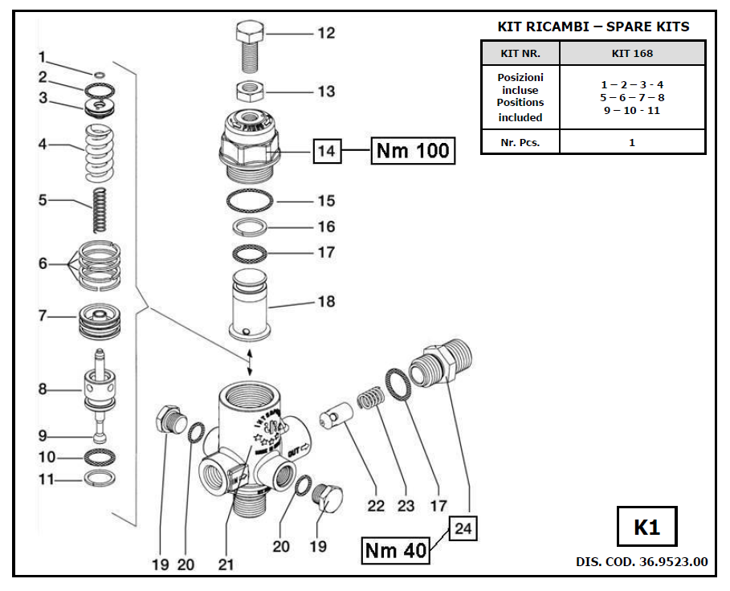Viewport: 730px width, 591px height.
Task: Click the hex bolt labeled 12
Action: coord(248,47)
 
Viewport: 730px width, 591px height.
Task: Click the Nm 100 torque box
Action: coord(412,150)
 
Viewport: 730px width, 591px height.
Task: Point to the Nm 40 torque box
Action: coord(395,551)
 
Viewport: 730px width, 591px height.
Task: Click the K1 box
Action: coord(646,528)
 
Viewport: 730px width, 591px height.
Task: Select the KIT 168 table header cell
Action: coord(632,54)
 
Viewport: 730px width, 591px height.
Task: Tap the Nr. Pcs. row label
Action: coord(520,142)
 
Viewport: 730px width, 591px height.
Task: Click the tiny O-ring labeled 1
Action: coord(99,75)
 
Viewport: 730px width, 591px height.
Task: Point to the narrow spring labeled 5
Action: coord(100,211)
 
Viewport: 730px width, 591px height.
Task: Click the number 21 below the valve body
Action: coord(226,565)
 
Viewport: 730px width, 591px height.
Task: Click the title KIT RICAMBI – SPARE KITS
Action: coord(593,26)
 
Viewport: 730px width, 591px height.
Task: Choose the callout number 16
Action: coord(325,226)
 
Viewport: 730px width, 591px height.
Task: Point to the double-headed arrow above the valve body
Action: coord(251,361)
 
